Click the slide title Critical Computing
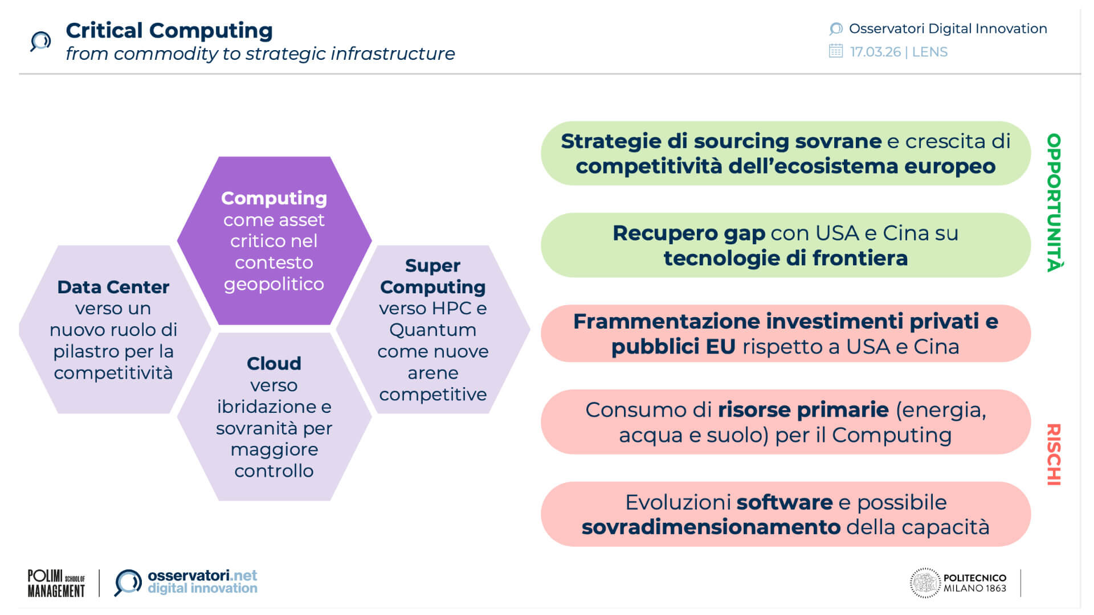click(169, 31)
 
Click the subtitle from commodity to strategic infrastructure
click(260, 54)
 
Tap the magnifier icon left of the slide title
click(40, 42)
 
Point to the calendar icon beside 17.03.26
click(835, 51)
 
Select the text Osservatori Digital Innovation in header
click(948, 28)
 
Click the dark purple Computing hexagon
click(274, 241)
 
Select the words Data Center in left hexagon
click(113, 287)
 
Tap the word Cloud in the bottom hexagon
click(273, 363)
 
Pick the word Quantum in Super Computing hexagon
click(432, 330)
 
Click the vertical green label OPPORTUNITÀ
click(1054, 203)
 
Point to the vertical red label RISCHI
click(1054, 454)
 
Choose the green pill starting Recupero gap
click(785, 245)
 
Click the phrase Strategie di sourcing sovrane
click(721, 141)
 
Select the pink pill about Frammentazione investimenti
click(785, 334)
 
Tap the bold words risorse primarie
click(803, 410)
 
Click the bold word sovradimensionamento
click(711, 527)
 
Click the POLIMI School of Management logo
click(56, 583)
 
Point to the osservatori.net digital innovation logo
click(186, 583)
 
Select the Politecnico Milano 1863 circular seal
click(924, 583)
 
